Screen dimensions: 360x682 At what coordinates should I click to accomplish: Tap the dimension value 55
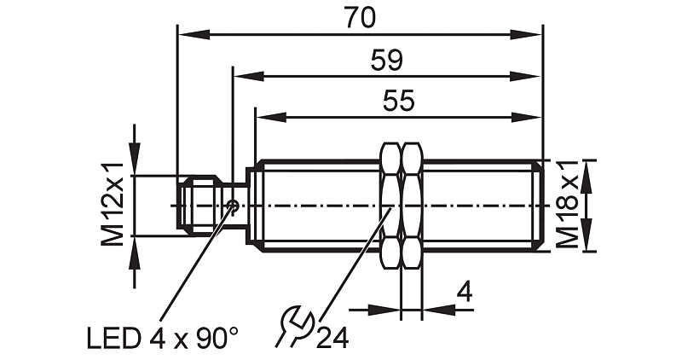coord(398,101)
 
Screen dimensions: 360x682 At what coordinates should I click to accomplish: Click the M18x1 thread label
coord(568,205)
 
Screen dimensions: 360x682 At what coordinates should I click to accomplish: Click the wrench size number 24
coord(332,338)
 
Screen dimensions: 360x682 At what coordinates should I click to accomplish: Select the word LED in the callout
coord(111,338)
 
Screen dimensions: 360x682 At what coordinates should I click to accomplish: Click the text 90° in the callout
coord(213,338)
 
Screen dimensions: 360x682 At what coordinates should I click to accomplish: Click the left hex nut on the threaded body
coord(390,206)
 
